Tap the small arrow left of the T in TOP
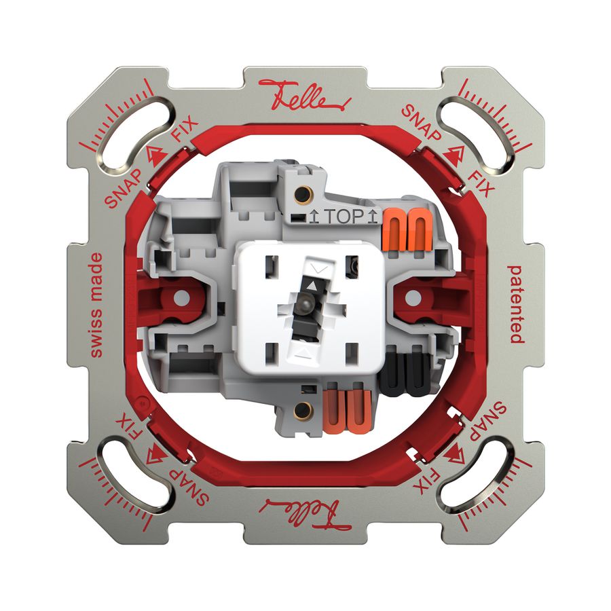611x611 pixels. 314,218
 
